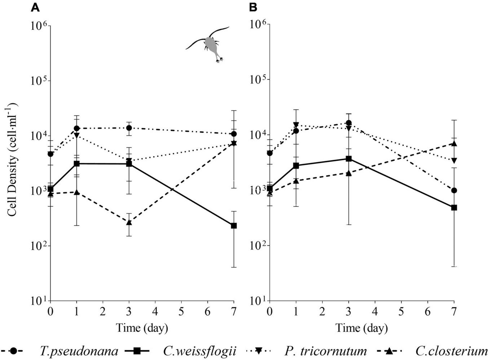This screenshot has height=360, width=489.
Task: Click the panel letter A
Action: tap(35, 7)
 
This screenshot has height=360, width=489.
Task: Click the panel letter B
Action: tap(253, 7)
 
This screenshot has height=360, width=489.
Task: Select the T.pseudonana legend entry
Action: tap(79, 351)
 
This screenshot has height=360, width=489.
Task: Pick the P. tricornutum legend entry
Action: tap(325, 351)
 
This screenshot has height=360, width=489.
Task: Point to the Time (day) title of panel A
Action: tap(142, 328)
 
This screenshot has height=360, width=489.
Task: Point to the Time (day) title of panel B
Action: tap(362, 328)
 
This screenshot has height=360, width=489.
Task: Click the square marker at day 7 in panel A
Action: tap(234, 226)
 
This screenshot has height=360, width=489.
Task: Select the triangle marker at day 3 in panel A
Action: tap(129, 222)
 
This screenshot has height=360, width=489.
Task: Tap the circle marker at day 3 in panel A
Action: tap(129, 128)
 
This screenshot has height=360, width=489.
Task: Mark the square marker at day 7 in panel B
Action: tap(454, 208)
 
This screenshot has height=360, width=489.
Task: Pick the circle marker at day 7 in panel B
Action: tap(454, 190)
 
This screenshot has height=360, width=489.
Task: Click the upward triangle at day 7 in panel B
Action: tap(454, 144)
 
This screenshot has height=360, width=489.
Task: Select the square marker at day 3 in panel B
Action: tap(349, 159)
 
